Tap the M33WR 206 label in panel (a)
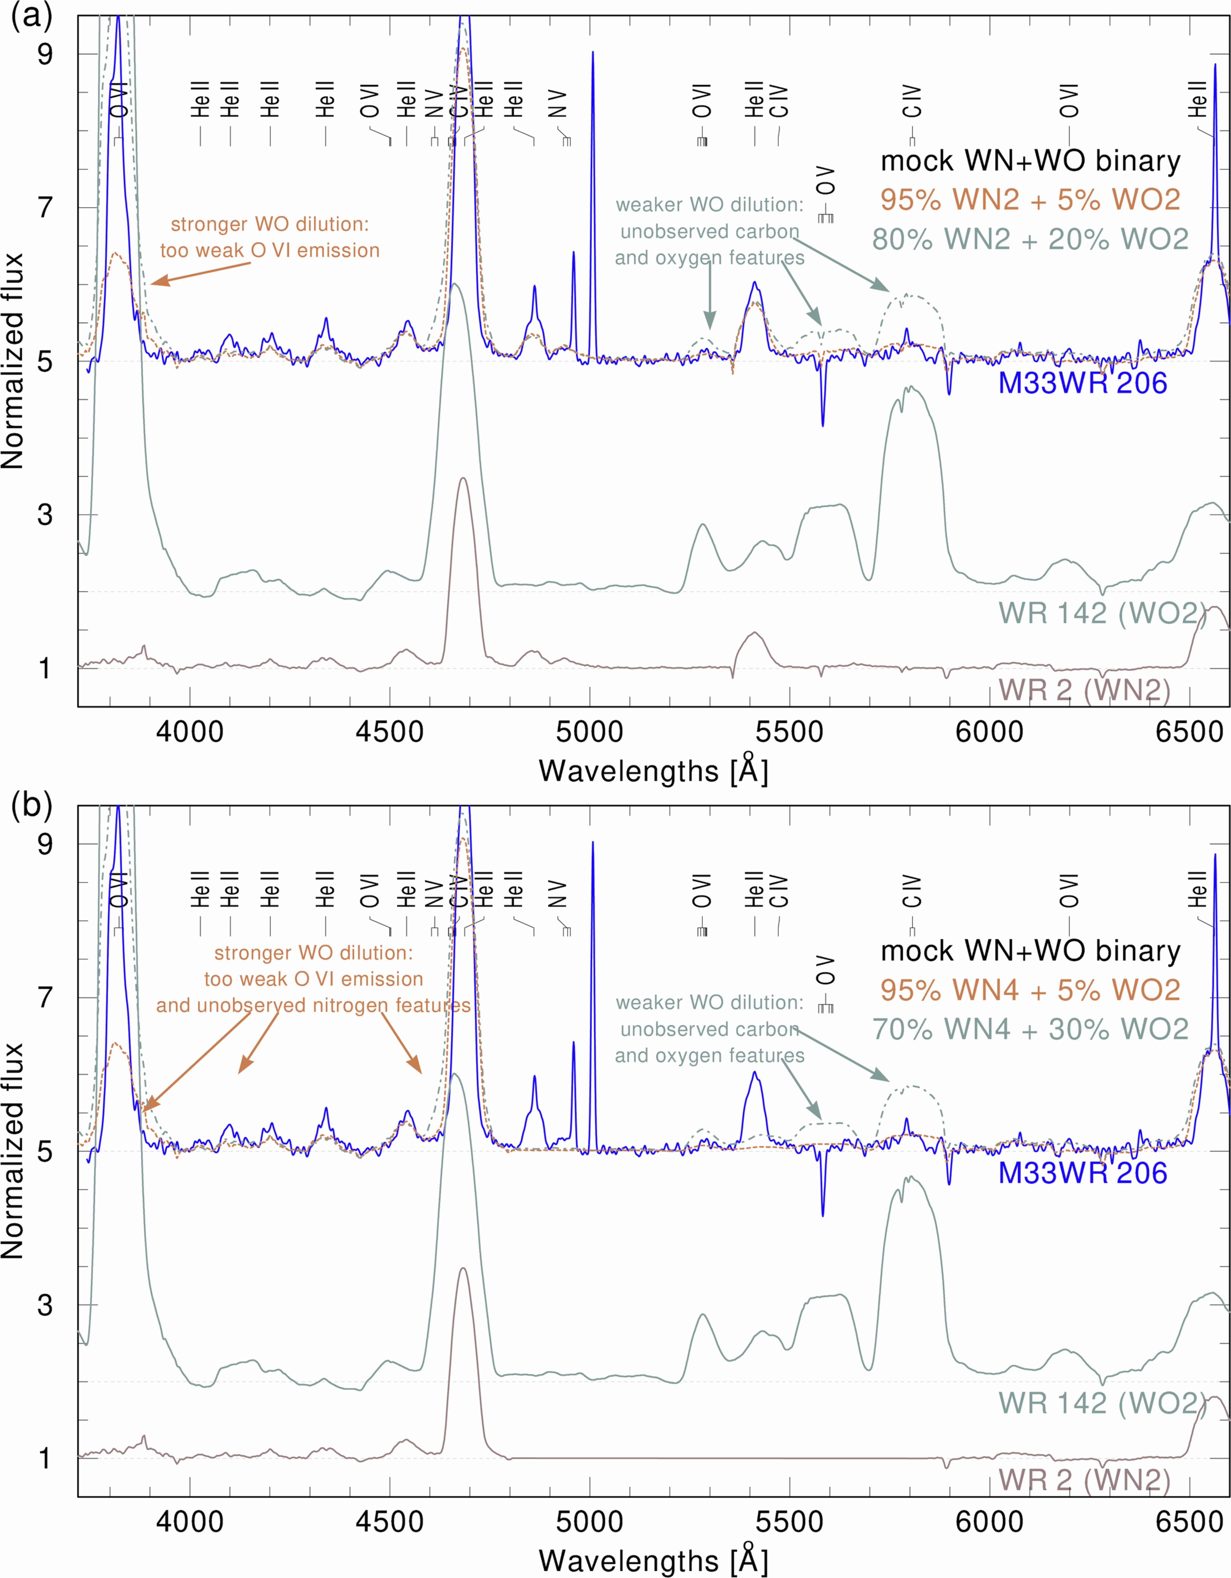coord(1082,383)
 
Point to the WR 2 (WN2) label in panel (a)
coord(1084,690)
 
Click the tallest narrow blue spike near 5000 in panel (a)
coord(592,54)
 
